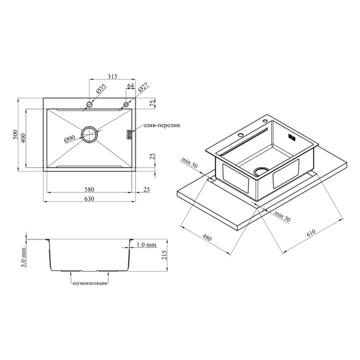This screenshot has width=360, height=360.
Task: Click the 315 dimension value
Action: click(112, 76)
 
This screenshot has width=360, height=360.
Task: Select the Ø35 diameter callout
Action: click(101, 89)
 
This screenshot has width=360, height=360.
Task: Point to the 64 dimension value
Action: click(130, 86)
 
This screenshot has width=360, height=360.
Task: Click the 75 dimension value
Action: click(152, 103)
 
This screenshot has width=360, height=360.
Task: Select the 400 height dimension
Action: click(23, 138)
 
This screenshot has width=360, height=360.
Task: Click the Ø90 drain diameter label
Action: click(70, 139)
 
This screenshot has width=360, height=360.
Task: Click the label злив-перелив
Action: click(161, 125)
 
